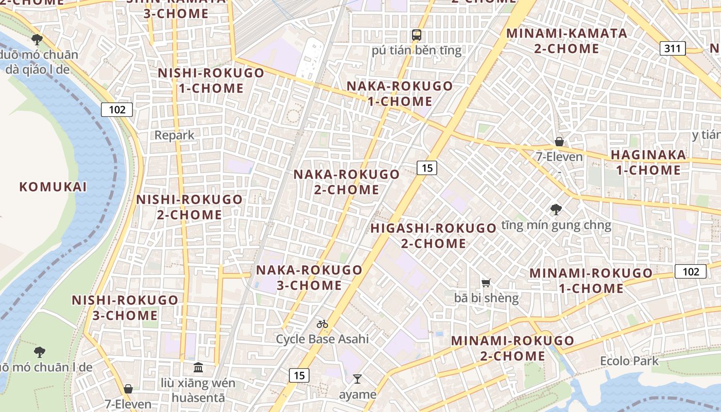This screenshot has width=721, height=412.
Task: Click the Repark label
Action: coord(175,135)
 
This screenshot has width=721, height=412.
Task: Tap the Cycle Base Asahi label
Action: coord(322,339)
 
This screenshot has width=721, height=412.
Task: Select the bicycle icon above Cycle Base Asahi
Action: coord(322,324)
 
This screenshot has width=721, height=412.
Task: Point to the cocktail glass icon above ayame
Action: coord(357,380)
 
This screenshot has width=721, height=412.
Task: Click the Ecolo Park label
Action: coord(629,361)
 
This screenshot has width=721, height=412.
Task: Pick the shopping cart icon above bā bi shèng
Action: coord(486,283)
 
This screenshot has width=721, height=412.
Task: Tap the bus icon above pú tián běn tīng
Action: coord(417,35)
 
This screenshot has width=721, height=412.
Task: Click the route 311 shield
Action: coord(673,49)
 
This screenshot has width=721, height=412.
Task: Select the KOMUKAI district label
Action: coord(53,187)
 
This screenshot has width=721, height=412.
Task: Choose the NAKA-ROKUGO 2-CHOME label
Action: coord(347,182)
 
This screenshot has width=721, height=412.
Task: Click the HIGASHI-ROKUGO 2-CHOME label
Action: coord(433,236)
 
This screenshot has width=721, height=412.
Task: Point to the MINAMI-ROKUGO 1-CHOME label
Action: coord(591,281)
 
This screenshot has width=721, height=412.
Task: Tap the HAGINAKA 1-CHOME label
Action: coord(648,162)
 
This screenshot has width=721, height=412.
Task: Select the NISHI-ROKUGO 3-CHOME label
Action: coord(125,307)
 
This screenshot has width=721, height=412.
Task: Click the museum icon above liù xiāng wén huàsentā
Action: coord(198,367)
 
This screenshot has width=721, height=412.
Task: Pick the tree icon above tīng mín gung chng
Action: coord(556,210)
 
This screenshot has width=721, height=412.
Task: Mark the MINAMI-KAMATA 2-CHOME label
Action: coord(566,41)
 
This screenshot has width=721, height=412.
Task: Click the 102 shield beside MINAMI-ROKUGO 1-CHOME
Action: coord(690,271)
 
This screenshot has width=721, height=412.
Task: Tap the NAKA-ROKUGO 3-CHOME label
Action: coord(309,278)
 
